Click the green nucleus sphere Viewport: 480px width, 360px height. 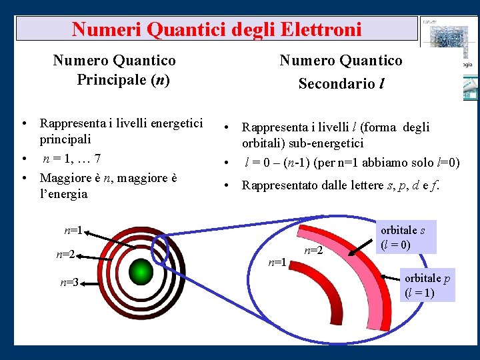coord(141,271)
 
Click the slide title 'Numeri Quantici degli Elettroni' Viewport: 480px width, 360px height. coord(217,29)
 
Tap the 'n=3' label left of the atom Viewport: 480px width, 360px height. coord(69,283)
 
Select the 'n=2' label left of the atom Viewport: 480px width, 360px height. coord(65,254)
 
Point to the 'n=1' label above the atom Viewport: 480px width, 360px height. coord(73,231)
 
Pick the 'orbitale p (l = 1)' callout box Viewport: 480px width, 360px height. coord(427,285)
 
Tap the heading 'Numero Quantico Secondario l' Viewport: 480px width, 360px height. coord(341,72)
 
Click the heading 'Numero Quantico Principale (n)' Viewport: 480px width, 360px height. coord(115,70)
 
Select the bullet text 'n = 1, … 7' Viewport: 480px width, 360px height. coord(72,159)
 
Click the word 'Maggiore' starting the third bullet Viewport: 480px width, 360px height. coord(63,178)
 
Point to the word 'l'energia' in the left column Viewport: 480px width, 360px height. coord(63,194)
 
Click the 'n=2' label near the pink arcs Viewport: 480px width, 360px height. coord(313,251)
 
